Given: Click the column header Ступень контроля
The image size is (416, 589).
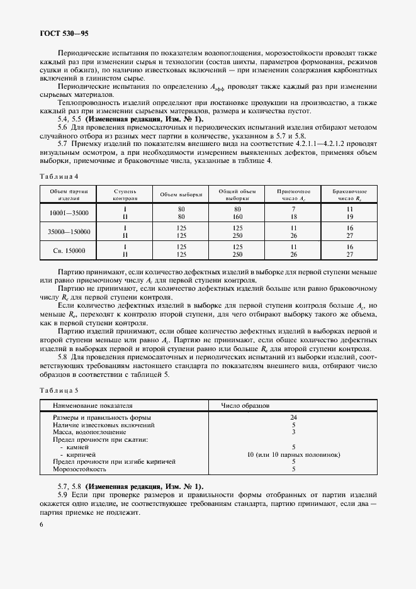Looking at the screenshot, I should click(x=125, y=194).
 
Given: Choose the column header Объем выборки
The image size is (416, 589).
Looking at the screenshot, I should click(x=181, y=194).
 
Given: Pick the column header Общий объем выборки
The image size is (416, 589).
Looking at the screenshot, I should click(x=237, y=194).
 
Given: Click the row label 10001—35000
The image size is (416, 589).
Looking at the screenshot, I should click(x=69, y=213).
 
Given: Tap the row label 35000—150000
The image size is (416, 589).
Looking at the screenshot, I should click(x=69, y=232).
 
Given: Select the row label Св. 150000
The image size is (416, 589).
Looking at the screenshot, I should click(x=69, y=250).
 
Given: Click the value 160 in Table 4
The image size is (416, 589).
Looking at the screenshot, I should click(x=237, y=217).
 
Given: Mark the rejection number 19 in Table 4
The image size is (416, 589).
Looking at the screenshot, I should click(x=350, y=217).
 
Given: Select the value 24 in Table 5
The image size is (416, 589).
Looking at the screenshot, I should click(x=293, y=417).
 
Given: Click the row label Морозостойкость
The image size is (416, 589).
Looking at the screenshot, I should click(x=80, y=469).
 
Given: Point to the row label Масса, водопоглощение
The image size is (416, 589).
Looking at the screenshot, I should click(x=89, y=432).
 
